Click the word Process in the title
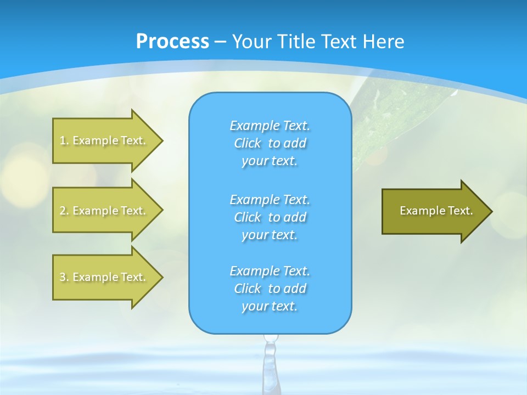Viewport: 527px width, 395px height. pyautogui.click(x=172, y=42)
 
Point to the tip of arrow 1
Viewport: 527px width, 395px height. pyautogui.click(x=161, y=140)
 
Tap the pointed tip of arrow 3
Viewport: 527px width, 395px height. pyautogui.click(x=161, y=277)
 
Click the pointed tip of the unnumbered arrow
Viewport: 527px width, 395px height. pyautogui.click(x=491, y=211)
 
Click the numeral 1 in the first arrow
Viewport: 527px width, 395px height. pyautogui.click(x=63, y=140)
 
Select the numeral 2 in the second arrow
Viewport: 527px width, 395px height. pyautogui.click(x=63, y=211)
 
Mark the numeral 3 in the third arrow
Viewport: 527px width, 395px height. pyautogui.click(x=63, y=277)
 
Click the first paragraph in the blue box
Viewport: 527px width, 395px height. pyautogui.click(x=270, y=143)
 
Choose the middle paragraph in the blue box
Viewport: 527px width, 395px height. pyautogui.click(x=270, y=217)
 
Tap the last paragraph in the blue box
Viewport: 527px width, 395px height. pyautogui.click(x=270, y=289)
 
